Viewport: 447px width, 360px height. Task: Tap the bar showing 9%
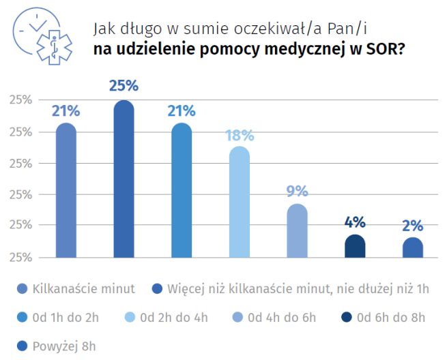pos(297,231)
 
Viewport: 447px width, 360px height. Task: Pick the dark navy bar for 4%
pos(355,246)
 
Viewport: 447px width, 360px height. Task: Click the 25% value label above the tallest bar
pos(124,86)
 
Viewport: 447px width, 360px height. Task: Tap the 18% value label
pos(240,135)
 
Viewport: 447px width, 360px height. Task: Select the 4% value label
pos(355,222)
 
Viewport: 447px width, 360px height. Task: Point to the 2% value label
pos(413,226)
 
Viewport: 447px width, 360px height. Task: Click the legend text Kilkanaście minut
pos(84,288)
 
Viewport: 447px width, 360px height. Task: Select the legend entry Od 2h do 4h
pos(175,317)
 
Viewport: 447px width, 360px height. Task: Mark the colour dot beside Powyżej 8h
pos(25,346)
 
